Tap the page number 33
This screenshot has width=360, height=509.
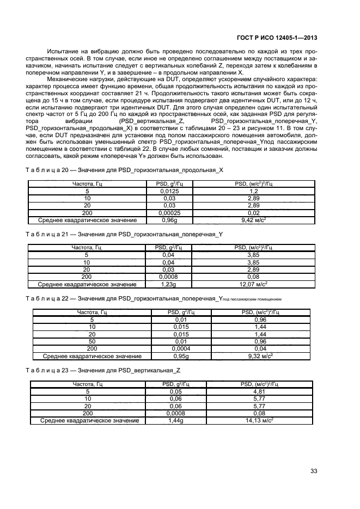click(x=314, y=471)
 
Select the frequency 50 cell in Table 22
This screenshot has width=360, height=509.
click(x=91, y=341)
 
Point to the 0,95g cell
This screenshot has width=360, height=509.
click(x=181, y=355)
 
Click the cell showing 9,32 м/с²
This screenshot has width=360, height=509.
click(x=260, y=355)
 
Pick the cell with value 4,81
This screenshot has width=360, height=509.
click(x=259, y=391)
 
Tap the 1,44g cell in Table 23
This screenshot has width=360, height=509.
click(x=175, y=420)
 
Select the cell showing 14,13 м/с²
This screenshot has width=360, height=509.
click(x=259, y=420)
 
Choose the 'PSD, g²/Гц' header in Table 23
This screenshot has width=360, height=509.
click(x=175, y=384)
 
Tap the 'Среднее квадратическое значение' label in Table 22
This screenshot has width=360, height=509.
click(x=91, y=355)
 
